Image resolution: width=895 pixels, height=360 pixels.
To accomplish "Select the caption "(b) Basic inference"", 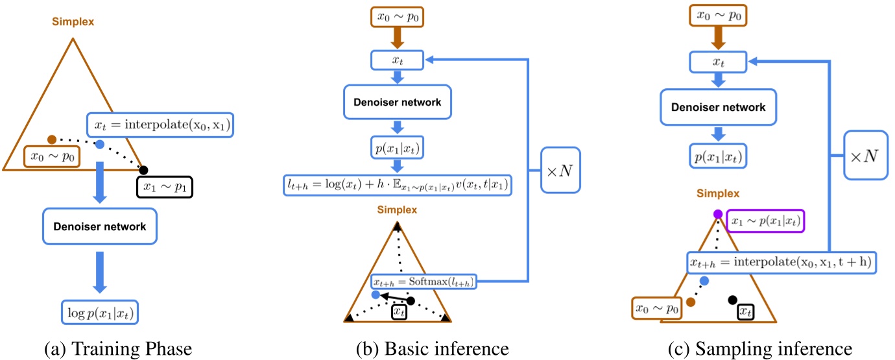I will click(x=433, y=349).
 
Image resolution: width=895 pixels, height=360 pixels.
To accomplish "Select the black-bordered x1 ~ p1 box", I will click(x=165, y=187).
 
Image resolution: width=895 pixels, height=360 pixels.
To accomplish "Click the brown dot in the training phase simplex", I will click(x=52, y=139).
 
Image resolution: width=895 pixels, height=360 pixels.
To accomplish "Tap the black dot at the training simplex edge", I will click(x=144, y=170).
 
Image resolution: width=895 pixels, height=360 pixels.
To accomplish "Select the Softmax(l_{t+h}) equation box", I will click(x=424, y=282).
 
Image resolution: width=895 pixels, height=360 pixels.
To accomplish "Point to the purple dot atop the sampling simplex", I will click(x=718, y=215).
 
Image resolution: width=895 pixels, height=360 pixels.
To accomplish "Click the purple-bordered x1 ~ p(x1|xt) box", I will click(x=765, y=221).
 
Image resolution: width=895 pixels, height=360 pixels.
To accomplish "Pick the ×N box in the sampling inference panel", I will click(x=866, y=156).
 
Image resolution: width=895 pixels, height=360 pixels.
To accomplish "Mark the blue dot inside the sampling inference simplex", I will click(x=705, y=280).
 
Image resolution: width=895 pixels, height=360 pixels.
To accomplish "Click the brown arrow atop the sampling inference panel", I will click(x=718, y=39).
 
